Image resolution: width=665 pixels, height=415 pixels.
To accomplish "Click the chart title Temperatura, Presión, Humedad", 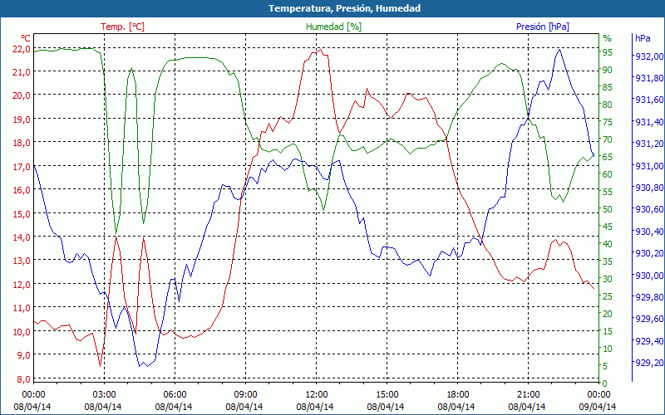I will click(x=332, y=8).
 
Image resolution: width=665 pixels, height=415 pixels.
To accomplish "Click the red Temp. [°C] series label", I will click(x=122, y=27).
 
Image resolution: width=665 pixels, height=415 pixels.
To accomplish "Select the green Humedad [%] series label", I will click(x=334, y=27).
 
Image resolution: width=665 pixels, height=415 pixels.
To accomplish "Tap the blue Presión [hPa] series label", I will click(x=542, y=27).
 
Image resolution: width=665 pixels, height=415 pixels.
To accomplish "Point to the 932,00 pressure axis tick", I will click(x=648, y=56).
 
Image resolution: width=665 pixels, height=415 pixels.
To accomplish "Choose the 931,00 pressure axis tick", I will click(x=648, y=166).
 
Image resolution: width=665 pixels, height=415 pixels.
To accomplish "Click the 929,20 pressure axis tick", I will click(x=648, y=363).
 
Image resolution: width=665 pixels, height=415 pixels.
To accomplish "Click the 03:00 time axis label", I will click(x=104, y=394).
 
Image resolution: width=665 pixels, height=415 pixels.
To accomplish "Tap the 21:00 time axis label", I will click(x=529, y=394).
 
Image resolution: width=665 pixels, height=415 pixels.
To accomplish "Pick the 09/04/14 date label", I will click(x=598, y=406).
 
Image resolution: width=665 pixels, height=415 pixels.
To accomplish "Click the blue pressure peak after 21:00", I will click(x=559, y=49).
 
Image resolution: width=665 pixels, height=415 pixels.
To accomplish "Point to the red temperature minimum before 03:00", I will click(x=100, y=365).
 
